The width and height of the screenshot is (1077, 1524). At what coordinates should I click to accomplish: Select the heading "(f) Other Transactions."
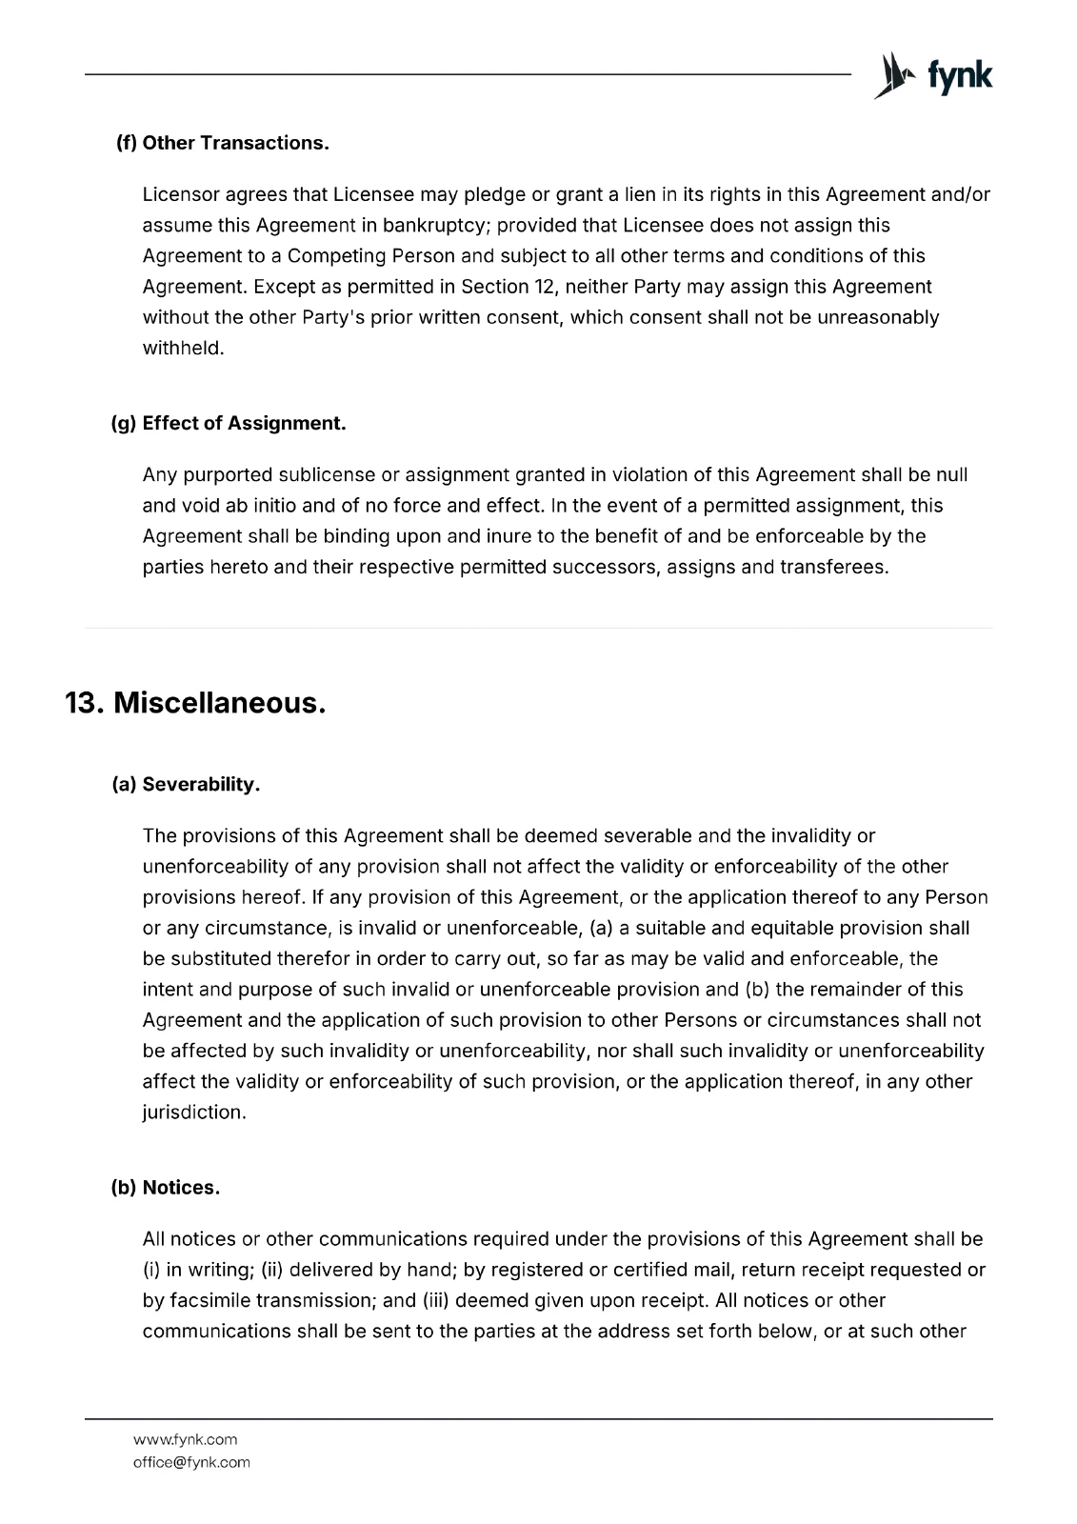[x=223, y=143]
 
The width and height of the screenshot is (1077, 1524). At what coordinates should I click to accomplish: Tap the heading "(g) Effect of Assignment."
[x=229, y=423]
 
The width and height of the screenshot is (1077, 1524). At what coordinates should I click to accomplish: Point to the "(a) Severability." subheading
[x=187, y=785]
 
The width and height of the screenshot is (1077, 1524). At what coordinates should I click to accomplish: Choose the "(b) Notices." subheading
[x=167, y=1188]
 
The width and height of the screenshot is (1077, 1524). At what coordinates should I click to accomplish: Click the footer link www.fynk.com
[x=185, y=1439]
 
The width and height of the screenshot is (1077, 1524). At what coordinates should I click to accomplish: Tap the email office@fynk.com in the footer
[x=191, y=1462]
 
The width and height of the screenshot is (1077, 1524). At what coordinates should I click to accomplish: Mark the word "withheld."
[x=183, y=348]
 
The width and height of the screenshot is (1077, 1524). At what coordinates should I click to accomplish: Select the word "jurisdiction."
[x=194, y=1112]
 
